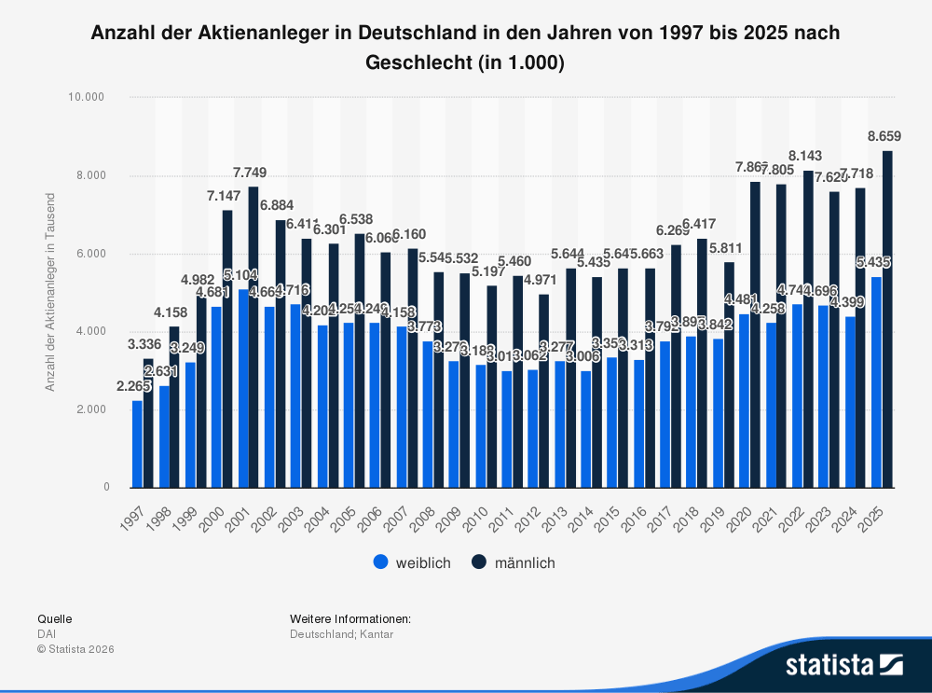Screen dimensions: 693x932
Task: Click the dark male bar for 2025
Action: coord(887,319)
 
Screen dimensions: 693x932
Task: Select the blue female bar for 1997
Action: coord(138,444)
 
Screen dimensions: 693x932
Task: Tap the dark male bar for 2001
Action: coord(254,337)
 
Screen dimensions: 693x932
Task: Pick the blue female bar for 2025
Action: coord(876,382)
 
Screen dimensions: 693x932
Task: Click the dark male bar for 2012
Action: coord(543,391)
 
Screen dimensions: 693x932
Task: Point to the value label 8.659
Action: coord(884,136)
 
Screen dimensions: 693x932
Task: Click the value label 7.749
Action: coord(251,173)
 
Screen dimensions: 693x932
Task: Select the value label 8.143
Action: coord(805,155)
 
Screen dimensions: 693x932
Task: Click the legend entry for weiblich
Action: coord(411,562)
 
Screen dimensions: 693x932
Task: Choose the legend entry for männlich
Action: coord(514,562)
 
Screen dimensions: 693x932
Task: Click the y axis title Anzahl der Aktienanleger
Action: coord(51,292)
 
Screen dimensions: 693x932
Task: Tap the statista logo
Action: coord(843,664)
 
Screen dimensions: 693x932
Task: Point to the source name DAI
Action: coord(46,634)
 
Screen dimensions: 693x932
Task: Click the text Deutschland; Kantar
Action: coord(341,634)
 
